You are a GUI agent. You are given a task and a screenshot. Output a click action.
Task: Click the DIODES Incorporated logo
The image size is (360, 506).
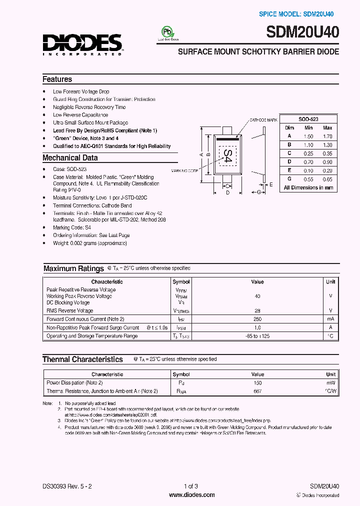82,44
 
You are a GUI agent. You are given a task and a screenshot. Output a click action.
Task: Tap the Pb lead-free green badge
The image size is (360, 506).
168,32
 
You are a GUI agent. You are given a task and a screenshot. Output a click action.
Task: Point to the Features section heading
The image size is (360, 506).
57,79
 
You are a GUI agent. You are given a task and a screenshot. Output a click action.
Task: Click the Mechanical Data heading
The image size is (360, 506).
70,157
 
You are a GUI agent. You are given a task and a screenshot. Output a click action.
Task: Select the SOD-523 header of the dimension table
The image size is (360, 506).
308,119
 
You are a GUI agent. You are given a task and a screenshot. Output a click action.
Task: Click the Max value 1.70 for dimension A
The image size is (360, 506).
327,136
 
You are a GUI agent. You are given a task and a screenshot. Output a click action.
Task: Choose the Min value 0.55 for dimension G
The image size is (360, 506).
308,179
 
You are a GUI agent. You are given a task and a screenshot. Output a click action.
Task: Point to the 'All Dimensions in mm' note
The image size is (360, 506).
308,187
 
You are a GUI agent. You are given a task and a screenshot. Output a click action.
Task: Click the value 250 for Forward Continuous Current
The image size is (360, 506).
257,319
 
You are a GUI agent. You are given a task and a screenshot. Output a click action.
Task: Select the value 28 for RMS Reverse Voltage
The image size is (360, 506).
257,311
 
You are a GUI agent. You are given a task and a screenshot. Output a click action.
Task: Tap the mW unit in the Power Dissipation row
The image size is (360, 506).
330,382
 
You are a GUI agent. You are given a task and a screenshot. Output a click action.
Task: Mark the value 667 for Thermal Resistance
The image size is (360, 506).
257,391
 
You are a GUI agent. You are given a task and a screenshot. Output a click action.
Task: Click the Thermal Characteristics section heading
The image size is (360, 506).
82,359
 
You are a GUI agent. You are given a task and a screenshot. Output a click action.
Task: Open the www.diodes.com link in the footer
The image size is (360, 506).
192,495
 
